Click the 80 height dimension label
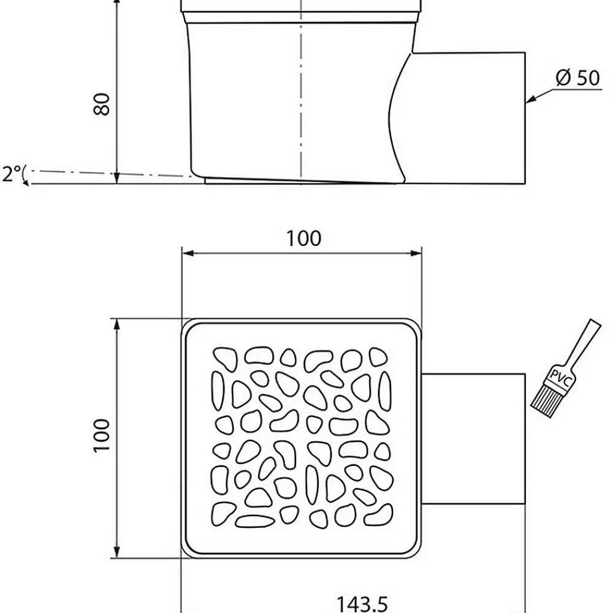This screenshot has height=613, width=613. click(x=102, y=104)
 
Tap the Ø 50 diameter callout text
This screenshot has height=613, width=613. click(x=577, y=77)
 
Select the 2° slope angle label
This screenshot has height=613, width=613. click(x=12, y=173)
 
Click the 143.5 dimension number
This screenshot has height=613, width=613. click(x=362, y=604)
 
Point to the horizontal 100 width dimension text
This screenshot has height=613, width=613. click(x=304, y=238)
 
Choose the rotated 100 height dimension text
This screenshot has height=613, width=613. click(x=102, y=435)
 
